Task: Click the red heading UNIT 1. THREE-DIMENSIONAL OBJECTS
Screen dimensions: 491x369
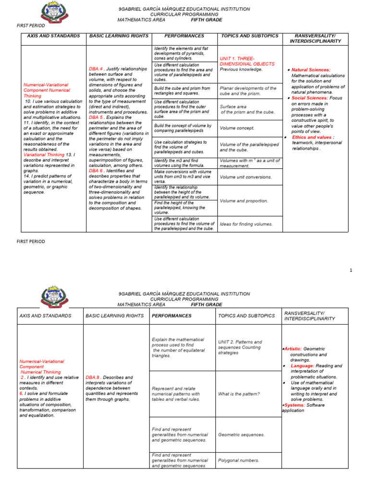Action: (x=247, y=60)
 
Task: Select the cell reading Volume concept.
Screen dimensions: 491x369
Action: (x=237, y=129)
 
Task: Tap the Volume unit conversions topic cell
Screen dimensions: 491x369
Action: (x=246, y=177)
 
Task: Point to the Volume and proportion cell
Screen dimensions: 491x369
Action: (x=244, y=201)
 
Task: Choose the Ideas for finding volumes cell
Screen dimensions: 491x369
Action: (x=246, y=224)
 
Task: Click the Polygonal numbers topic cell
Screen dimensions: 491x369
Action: (x=238, y=460)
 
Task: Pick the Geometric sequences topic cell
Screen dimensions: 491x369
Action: (x=241, y=434)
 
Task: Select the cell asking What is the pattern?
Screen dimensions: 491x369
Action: (x=239, y=394)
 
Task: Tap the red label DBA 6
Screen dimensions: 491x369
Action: (x=96, y=170)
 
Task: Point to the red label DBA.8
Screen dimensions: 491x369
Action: (x=93, y=377)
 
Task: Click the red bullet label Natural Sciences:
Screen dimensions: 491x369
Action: (x=311, y=70)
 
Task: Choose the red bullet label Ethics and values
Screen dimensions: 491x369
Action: (x=311, y=137)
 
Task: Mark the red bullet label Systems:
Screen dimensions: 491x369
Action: (x=293, y=405)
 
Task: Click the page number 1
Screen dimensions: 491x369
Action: (x=351, y=270)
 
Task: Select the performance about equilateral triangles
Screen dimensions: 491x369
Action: (x=178, y=347)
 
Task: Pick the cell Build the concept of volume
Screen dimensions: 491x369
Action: (x=178, y=128)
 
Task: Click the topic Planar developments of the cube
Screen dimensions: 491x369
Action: (x=247, y=91)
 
